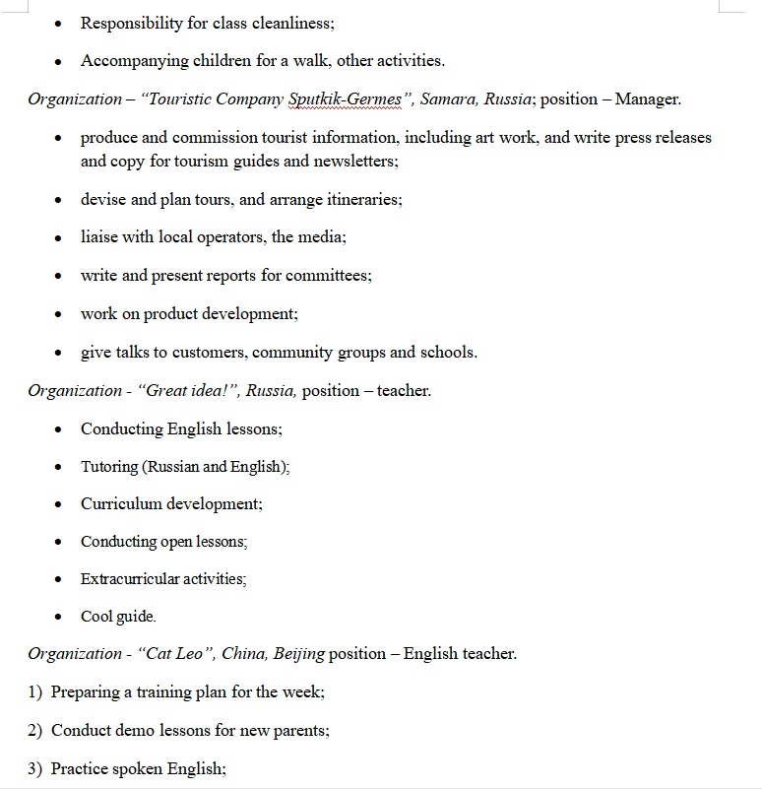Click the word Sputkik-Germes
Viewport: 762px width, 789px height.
(345, 99)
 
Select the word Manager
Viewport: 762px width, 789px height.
(648, 99)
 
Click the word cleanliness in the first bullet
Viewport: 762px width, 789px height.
(292, 23)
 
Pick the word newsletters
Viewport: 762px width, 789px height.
(351, 161)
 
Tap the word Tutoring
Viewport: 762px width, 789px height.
(109, 467)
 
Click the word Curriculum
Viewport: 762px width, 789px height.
(121, 504)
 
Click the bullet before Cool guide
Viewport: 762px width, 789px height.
(59, 618)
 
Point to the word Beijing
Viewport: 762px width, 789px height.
(298, 654)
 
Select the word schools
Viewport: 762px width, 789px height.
(448, 353)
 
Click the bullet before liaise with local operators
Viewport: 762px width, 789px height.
(59, 238)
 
